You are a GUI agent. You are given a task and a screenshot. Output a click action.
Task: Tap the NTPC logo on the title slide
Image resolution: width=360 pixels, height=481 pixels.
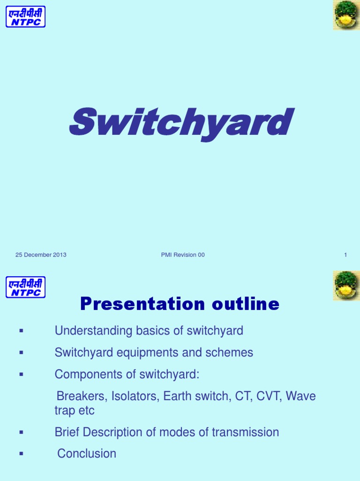click(25, 16)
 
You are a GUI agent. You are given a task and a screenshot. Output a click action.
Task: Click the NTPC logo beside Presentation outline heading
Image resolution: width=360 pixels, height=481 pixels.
click(25, 287)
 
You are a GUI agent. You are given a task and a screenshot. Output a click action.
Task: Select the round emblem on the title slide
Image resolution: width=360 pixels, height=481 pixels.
click(346, 15)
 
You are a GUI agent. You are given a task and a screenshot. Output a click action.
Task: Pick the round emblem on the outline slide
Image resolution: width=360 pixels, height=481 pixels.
click(346, 286)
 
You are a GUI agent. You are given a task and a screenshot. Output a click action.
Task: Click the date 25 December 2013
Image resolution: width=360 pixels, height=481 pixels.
click(41, 255)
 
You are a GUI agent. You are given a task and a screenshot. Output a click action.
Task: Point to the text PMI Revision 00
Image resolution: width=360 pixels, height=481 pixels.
click(182, 255)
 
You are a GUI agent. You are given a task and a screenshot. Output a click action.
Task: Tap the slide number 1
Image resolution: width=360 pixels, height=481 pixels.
click(345, 255)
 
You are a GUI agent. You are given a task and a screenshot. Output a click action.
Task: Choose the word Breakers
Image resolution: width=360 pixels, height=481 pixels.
click(82, 396)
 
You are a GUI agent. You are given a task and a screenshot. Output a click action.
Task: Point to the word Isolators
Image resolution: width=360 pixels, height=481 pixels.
click(136, 396)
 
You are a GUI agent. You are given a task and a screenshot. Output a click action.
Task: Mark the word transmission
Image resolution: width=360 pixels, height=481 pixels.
click(247, 432)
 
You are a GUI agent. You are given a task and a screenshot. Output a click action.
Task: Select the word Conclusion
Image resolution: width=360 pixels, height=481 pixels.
click(87, 454)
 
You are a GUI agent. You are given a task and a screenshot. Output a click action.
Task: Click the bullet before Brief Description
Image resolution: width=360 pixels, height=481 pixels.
click(21, 433)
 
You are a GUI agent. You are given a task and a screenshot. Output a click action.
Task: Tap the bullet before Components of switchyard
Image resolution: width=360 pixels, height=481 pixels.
click(21, 375)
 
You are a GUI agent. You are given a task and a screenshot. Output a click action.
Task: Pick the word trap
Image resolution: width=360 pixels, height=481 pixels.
click(65, 411)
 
